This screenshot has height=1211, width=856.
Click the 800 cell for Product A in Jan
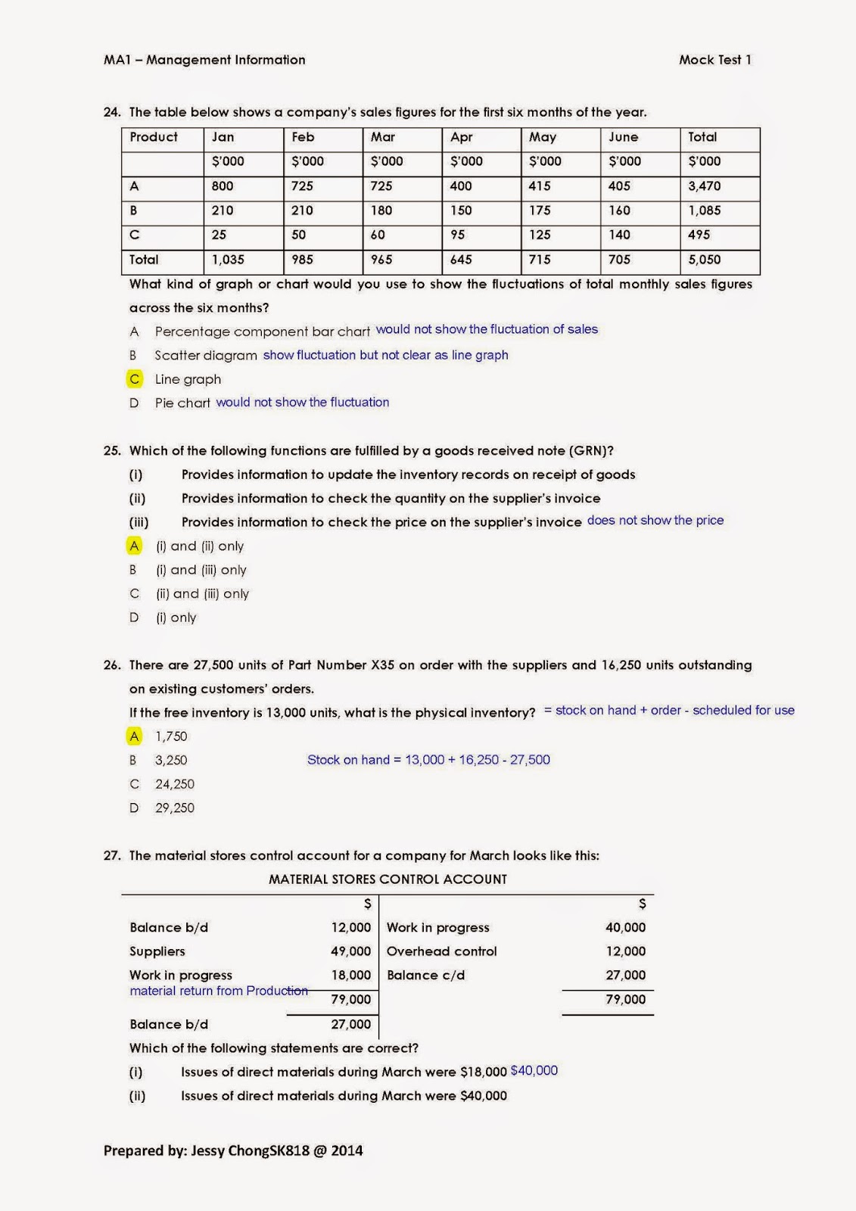pos(223,186)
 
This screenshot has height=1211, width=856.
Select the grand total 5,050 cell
pos(704,260)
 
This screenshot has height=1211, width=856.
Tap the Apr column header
pos(461,137)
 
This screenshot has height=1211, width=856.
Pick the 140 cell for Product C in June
pos(619,235)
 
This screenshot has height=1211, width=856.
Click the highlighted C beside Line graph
pos(135,379)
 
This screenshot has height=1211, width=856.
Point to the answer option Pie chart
pos(182,403)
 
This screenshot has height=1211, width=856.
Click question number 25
pos(112,451)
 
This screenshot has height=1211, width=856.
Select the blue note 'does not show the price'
pos(655,521)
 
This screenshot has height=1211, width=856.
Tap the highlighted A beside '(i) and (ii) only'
pos(135,546)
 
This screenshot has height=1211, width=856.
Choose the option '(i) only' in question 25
pos(176,618)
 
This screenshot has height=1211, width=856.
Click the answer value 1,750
pos(171,736)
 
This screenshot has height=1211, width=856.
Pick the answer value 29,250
pos(175,808)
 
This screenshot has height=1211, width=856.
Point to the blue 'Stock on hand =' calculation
pos(428,760)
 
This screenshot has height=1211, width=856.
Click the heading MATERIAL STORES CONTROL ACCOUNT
pos(388,879)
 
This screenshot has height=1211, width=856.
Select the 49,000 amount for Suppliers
pos(350,951)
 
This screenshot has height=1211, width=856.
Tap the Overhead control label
pos(441,951)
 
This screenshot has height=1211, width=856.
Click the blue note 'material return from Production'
pos(219,991)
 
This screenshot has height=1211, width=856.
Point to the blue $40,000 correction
pos(534,1071)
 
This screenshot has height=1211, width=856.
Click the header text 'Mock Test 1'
pos(714,60)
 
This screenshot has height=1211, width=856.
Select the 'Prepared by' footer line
pos(233,1150)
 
